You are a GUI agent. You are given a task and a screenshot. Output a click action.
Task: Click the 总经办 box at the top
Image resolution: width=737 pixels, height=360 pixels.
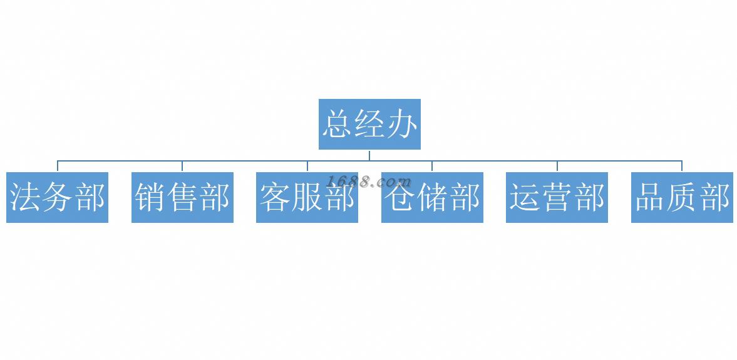click(x=369, y=124)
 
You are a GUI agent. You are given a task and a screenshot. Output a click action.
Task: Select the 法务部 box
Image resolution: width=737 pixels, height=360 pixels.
click(x=57, y=197)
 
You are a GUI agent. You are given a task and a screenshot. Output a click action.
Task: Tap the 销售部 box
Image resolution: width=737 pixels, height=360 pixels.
click(x=182, y=197)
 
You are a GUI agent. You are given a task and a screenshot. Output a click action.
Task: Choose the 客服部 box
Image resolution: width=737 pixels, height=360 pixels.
click(x=307, y=197)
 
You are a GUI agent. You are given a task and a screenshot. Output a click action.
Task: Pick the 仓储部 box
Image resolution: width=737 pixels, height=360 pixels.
click(x=432, y=197)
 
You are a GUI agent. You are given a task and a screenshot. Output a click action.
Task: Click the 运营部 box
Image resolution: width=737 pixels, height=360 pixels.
click(x=557, y=197)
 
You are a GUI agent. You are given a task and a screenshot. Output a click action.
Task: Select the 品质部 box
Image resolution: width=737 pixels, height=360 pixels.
click(x=682, y=197)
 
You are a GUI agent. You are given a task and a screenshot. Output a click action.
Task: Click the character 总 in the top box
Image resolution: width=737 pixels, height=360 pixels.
click(x=338, y=124)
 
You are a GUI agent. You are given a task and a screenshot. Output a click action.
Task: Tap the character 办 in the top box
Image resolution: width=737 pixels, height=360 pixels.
click(x=401, y=124)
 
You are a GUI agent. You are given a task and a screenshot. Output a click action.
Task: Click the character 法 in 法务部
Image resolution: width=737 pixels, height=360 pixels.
click(x=26, y=197)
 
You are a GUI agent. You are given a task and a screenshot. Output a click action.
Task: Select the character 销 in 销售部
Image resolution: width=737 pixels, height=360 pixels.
click(x=150, y=197)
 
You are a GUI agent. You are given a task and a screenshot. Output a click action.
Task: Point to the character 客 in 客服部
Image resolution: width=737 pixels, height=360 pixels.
click(x=275, y=197)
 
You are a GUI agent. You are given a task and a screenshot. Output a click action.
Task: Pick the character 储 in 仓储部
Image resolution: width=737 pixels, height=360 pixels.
click(x=433, y=197)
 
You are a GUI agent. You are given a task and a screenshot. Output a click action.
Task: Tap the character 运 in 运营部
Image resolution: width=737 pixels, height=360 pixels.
click(x=525, y=197)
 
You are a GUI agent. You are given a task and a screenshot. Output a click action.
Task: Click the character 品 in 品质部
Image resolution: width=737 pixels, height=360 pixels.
click(x=650, y=197)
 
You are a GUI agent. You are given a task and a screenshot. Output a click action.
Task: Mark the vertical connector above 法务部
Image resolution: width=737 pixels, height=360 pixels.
click(x=58, y=166)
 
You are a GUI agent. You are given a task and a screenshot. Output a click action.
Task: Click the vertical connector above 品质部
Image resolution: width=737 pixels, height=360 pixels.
click(x=682, y=166)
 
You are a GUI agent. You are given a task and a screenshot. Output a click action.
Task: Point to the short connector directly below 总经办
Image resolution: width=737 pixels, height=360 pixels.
click(x=369, y=155)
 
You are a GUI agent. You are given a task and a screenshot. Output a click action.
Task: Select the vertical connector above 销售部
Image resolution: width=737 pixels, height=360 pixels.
click(x=182, y=166)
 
